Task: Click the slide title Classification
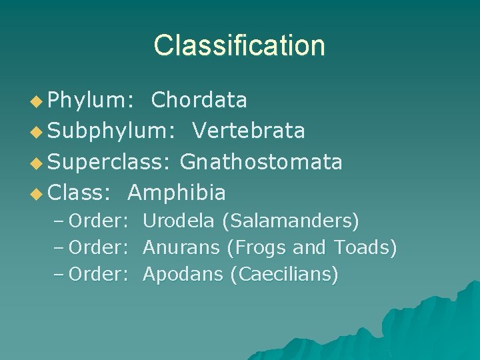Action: (x=239, y=45)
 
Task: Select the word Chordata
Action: (x=199, y=100)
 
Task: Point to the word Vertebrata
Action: (x=249, y=131)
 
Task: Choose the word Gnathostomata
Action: (x=261, y=161)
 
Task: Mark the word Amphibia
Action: (x=176, y=193)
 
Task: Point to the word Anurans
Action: (x=181, y=247)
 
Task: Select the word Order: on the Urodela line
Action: (x=98, y=220)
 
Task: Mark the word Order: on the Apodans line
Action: (x=98, y=274)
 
